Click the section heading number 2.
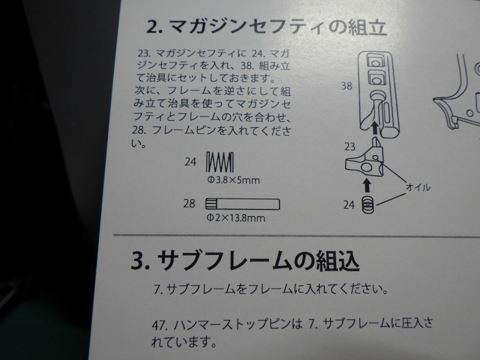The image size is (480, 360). (155, 26)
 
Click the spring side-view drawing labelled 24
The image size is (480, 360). (220, 161)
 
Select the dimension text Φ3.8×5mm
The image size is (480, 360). (233, 180)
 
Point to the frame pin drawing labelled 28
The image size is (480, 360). (242, 204)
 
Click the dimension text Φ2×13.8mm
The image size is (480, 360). (236, 218)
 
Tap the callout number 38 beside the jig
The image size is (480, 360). (347, 86)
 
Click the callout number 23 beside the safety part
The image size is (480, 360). (350, 146)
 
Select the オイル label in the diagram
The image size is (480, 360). (418, 187)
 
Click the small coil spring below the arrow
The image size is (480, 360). (368, 205)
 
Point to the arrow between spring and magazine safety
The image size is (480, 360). (367, 186)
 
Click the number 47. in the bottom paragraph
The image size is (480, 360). (160, 325)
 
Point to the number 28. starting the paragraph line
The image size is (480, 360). (139, 130)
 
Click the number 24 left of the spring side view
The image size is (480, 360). (190, 161)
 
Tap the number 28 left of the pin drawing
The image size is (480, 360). (189, 203)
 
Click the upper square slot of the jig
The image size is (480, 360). (375, 61)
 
